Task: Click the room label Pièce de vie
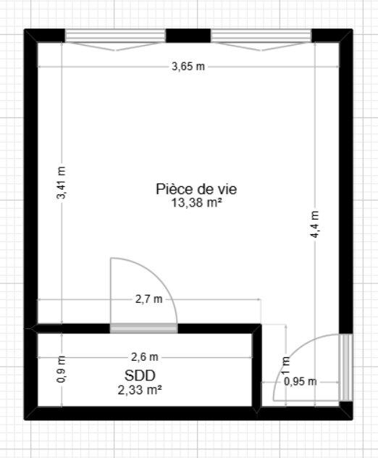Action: coord(196,189)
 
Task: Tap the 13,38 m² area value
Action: coord(196,203)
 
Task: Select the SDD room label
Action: coord(140,375)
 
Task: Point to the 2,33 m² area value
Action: coord(140,390)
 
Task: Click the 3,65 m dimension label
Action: coord(188,67)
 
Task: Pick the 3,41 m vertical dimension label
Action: coord(62,183)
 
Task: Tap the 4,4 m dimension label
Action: coord(315,225)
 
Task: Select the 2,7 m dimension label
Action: coord(148,299)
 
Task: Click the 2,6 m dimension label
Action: coord(145,357)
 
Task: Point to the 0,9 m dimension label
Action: coord(62,369)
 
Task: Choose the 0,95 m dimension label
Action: coord(301,381)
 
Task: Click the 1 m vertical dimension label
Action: coord(286,365)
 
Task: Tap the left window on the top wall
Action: coord(115,36)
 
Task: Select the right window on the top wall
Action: coord(261,36)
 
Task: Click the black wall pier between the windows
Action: coord(188,36)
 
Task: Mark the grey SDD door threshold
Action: coord(143,328)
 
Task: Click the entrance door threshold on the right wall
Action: coord(346,367)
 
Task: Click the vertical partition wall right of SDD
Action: coord(257,369)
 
